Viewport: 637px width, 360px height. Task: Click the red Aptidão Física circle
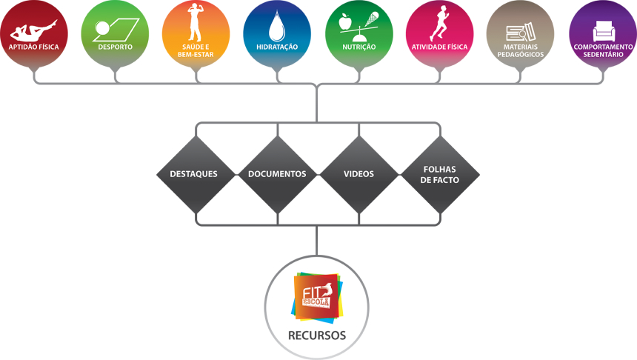coord(34,33)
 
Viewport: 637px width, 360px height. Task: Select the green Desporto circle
coord(115,33)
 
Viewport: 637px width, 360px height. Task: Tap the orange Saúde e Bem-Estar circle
coord(196,33)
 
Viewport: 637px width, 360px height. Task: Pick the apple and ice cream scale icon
coord(359,27)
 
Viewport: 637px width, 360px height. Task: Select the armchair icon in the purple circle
coord(603,31)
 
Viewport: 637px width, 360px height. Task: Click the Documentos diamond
coord(277,175)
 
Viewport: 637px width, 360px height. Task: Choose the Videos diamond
coord(358,175)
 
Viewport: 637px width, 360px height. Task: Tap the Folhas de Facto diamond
coord(440,175)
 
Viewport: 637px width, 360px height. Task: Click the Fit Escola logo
coord(317,296)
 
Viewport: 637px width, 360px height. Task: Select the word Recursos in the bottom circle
coord(317,336)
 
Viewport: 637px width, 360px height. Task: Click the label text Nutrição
coord(359,47)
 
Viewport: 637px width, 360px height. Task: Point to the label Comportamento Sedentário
coord(603,50)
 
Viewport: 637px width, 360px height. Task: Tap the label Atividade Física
coord(439,47)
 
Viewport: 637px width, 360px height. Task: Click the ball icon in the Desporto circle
coord(102,29)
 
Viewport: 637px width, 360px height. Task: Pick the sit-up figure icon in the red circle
coord(34,30)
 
